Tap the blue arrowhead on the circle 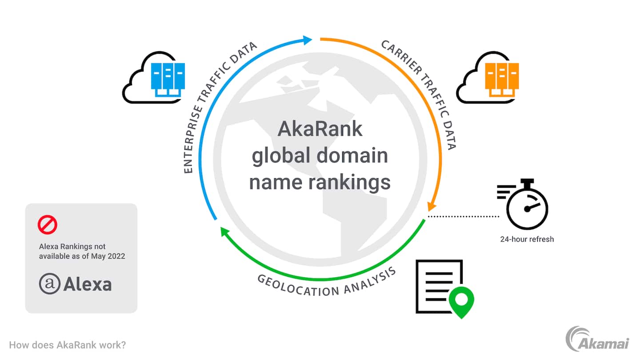pos(307,40)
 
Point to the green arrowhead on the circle pos(225,232)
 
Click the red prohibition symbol pos(48,224)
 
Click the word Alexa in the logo pos(88,284)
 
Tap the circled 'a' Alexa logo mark pos(49,284)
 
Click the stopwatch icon pos(523,204)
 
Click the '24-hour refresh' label pos(527,239)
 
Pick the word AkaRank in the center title pos(320,129)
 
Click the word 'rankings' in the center pos(349,183)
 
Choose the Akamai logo pos(597,339)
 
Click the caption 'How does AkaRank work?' pos(68,345)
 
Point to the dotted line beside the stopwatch pos(464,216)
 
